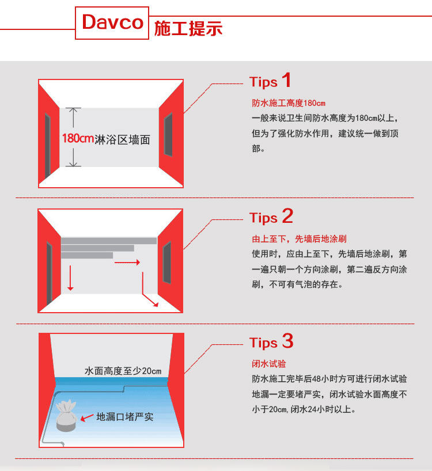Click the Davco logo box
[112, 23]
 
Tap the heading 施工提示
[188, 29]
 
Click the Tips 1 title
[270, 81]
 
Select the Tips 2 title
[271, 216]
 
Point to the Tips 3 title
[271, 341]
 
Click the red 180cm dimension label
[78, 138]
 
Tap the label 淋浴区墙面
[122, 140]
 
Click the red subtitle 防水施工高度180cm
[289, 103]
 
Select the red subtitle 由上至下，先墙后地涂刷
[299, 239]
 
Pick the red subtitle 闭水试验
[269, 364]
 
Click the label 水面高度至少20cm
[123, 371]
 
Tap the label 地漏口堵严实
[124, 417]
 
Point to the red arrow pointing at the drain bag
[87, 417]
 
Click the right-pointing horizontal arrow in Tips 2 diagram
[127, 262]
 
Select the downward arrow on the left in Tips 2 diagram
[70, 278]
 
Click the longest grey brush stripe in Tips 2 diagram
[109, 241]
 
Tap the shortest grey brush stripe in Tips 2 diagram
[87, 255]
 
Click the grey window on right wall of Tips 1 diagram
[168, 135]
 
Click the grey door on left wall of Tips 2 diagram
[50, 272]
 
